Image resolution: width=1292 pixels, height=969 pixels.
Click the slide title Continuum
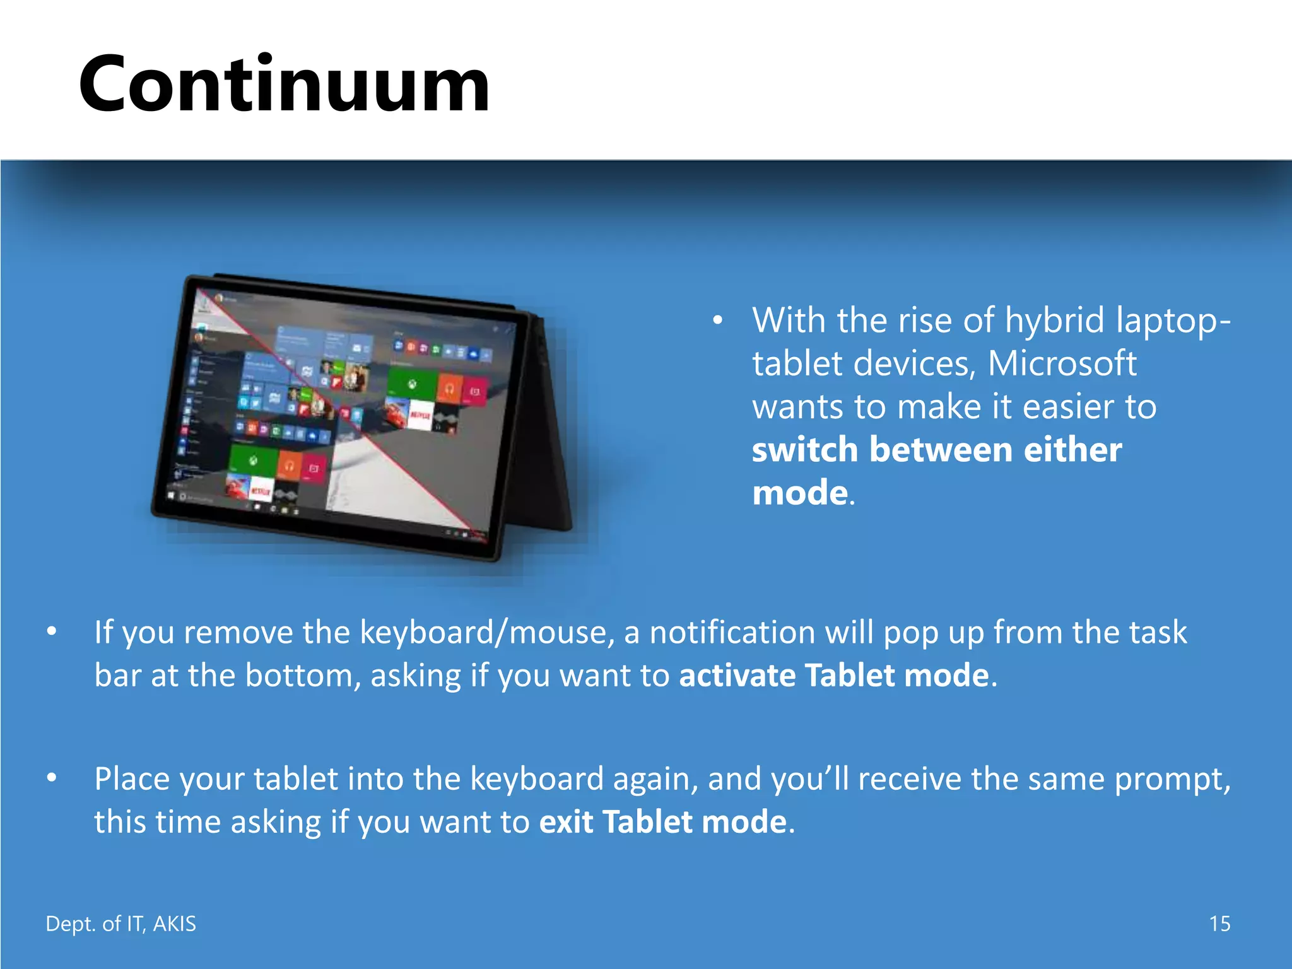[284, 85]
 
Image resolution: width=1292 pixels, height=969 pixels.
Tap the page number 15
[1219, 924]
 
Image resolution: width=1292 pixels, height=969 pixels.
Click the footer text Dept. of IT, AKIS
[120, 924]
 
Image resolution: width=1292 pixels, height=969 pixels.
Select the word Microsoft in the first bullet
[1062, 363]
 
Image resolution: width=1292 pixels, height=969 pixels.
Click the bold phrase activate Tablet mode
[834, 675]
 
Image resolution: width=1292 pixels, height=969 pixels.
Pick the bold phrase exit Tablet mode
[663, 821]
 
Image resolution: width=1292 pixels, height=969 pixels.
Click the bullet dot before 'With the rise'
[717, 320]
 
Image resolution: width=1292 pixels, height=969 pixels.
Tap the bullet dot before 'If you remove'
[52, 631]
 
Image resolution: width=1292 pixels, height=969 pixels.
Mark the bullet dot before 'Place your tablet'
[52, 778]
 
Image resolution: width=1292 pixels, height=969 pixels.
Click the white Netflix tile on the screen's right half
[420, 416]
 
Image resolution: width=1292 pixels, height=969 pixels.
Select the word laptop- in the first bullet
[1173, 320]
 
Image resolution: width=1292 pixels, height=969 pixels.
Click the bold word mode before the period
[800, 493]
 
